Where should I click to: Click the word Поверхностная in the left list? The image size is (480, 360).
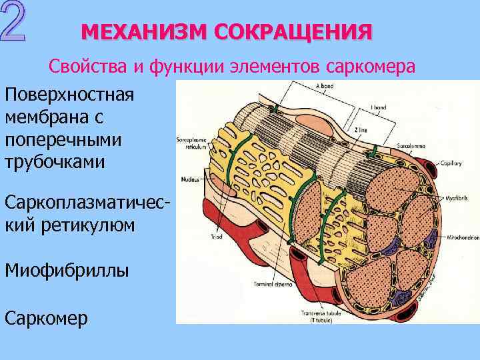click(x=69, y=93)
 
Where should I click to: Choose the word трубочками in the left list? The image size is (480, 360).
click(x=55, y=161)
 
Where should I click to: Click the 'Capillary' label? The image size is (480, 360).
click(x=451, y=163)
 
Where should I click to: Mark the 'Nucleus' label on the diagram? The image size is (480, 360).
click(x=190, y=180)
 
